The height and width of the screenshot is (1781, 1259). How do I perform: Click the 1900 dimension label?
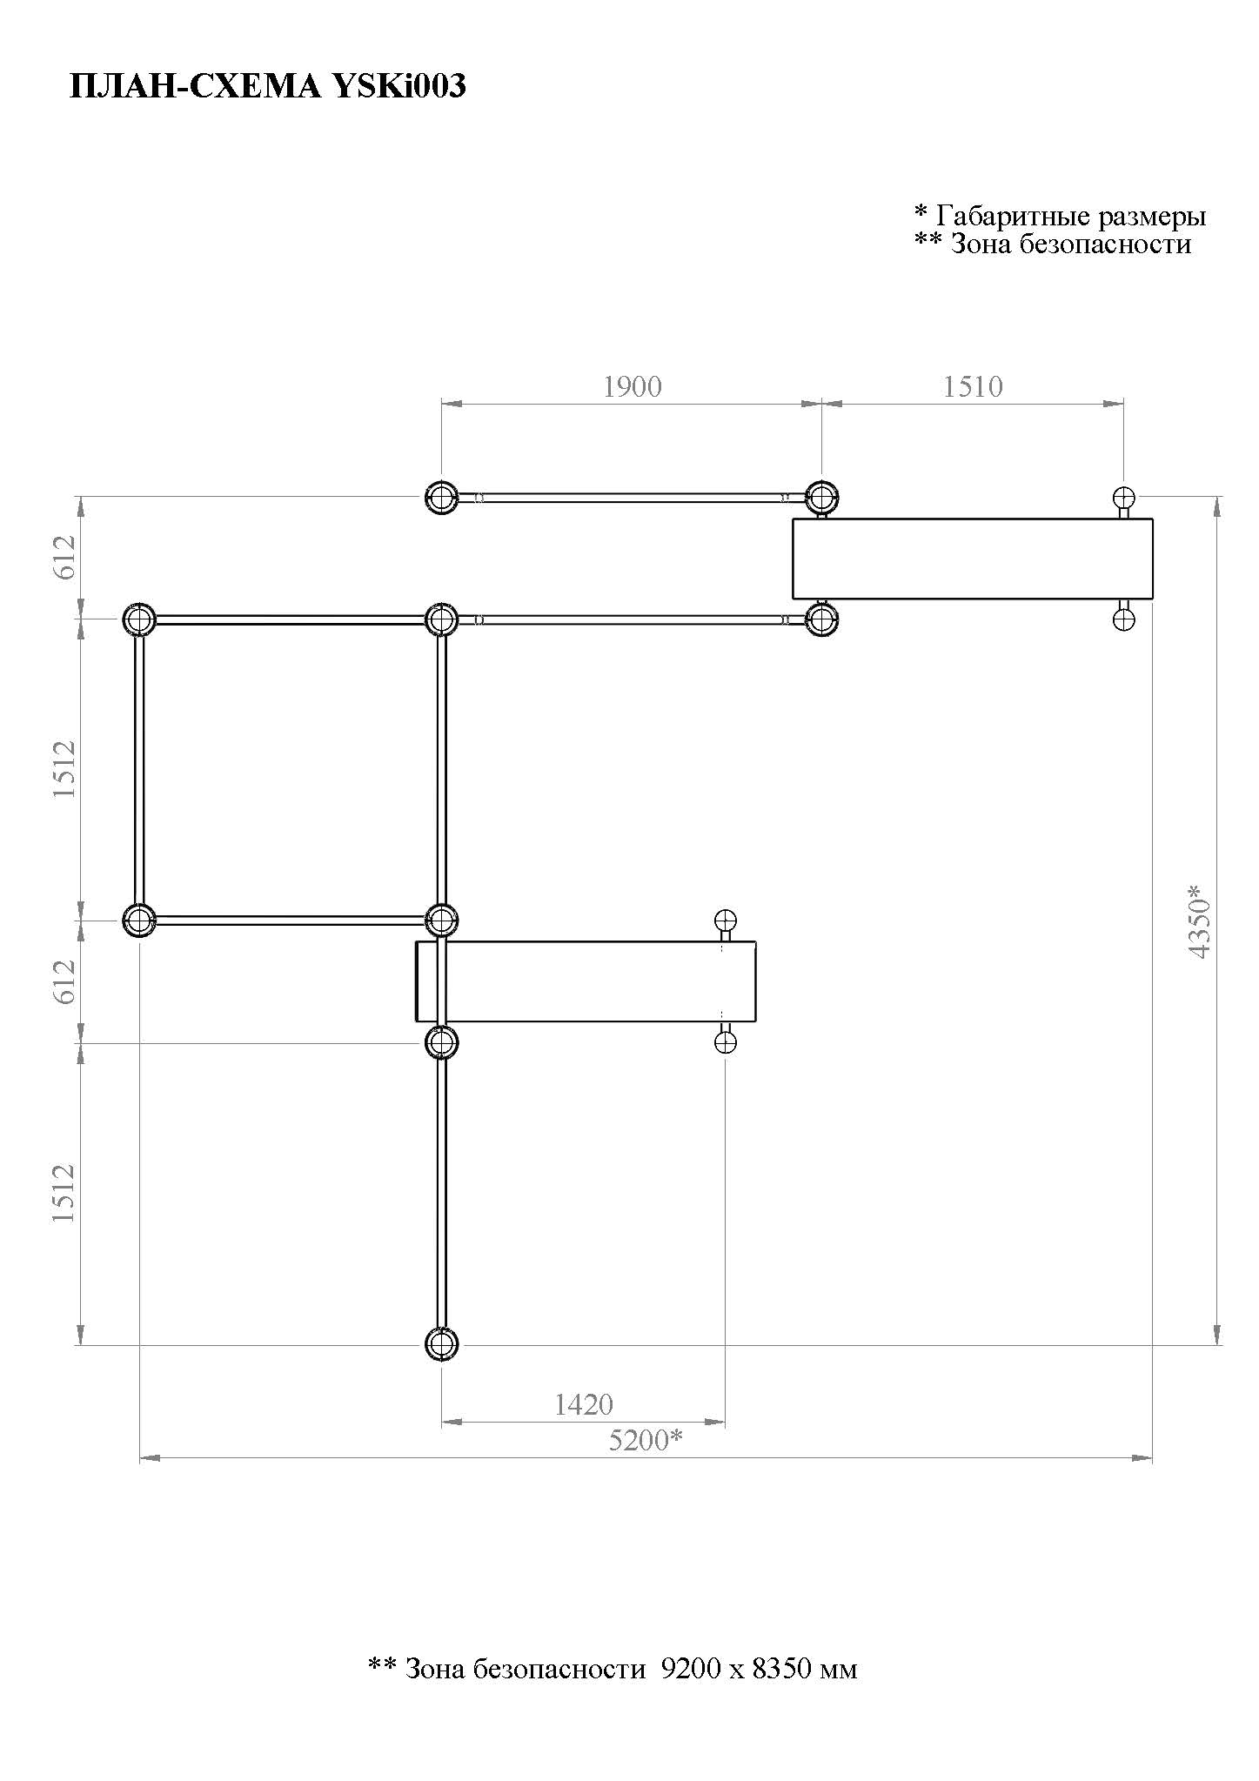pyautogui.click(x=633, y=386)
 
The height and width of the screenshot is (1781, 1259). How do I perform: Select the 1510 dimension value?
pyautogui.click(x=973, y=386)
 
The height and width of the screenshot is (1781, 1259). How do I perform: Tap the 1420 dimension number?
pyautogui.click(x=584, y=1404)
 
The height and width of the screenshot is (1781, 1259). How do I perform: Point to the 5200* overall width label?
pyautogui.click(x=645, y=1441)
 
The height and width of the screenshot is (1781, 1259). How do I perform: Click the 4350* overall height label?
pyautogui.click(x=1199, y=922)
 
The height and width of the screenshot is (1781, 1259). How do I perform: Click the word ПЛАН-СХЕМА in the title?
pyautogui.click(x=193, y=86)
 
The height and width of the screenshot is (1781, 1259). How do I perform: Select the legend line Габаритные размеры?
pyautogui.click(x=1071, y=215)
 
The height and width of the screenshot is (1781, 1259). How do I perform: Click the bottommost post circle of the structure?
pyautogui.click(x=441, y=1344)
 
